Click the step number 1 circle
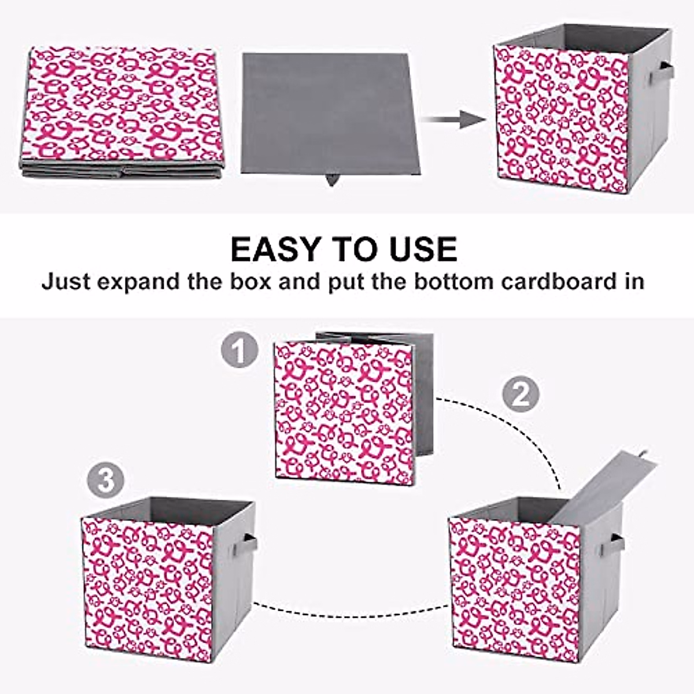[239, 350]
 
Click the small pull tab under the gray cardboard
[331, 179]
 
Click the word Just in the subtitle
[66, 282]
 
